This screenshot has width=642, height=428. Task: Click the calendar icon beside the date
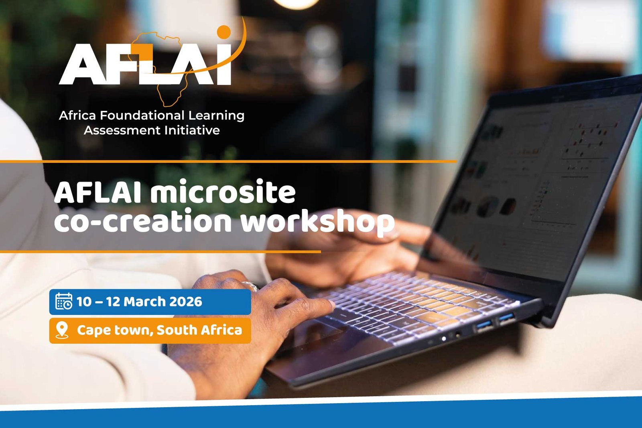(x=64, y=301)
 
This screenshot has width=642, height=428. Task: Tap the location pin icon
(x=62, y=330)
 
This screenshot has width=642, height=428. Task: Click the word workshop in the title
(x=317, y=222)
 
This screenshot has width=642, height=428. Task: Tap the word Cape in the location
(x=94, y=330)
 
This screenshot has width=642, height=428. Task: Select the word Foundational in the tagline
(x=142, y=115)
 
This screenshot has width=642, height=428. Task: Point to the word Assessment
(x=122, y=131)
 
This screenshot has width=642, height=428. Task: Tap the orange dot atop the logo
(x=224, y=32)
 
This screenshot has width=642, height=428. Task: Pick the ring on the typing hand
(x=250, y=285)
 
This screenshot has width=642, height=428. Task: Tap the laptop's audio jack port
(x=457, y=334)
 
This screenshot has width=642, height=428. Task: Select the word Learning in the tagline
(x=216, y=116)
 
